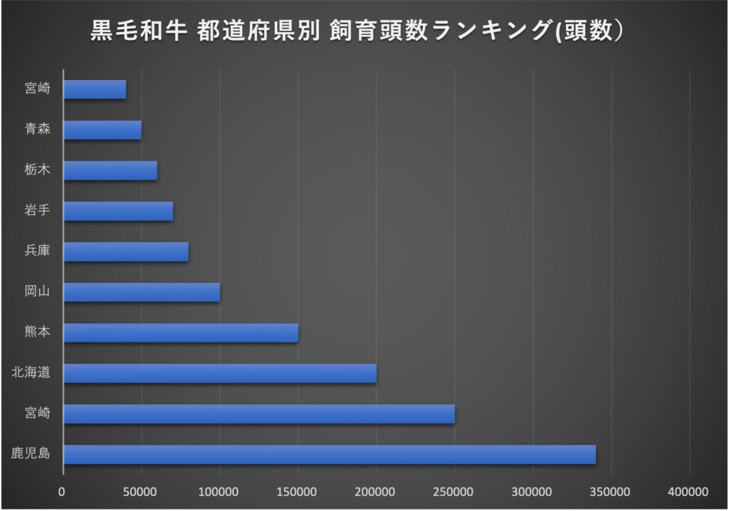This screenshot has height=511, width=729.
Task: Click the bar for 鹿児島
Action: click(329, 454)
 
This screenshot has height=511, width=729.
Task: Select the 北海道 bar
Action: click(219, 373)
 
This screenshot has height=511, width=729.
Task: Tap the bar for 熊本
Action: click(180, 333)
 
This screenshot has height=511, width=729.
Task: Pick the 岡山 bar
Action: click(141, 292)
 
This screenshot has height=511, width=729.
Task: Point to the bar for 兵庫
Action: click(125, 252)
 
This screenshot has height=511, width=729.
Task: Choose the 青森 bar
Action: click(102, 130)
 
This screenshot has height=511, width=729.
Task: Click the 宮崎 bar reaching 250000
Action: click(258, 413)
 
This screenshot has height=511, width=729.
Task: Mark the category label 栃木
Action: click(37, 170)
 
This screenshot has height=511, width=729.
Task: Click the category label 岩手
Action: click(37, 211)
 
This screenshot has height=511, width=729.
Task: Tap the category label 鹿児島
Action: click(31, 454)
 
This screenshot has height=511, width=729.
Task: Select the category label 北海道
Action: click(31, 373)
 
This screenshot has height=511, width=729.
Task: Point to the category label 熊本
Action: click(37, 333)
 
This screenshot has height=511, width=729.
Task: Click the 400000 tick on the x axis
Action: click(689, 492)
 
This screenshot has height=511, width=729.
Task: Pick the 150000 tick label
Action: click(298, 492)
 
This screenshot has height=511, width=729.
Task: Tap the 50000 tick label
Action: click(141, 492)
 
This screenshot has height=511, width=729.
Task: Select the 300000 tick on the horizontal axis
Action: click(533, 492)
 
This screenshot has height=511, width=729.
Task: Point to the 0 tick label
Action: click(63, 492)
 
